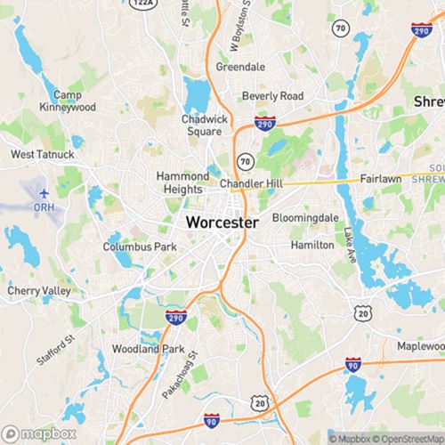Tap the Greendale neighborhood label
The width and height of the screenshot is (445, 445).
(241, 67)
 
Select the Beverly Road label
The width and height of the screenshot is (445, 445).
(274, 96)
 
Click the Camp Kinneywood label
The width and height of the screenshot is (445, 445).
(68, 101)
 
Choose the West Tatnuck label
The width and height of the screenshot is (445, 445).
(43, 154)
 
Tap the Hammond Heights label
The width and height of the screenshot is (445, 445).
(182, 182)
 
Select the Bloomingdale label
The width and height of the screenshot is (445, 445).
(305, 217)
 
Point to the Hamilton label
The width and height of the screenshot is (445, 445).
(313, 245)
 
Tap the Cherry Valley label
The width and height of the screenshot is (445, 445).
(38, 291)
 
